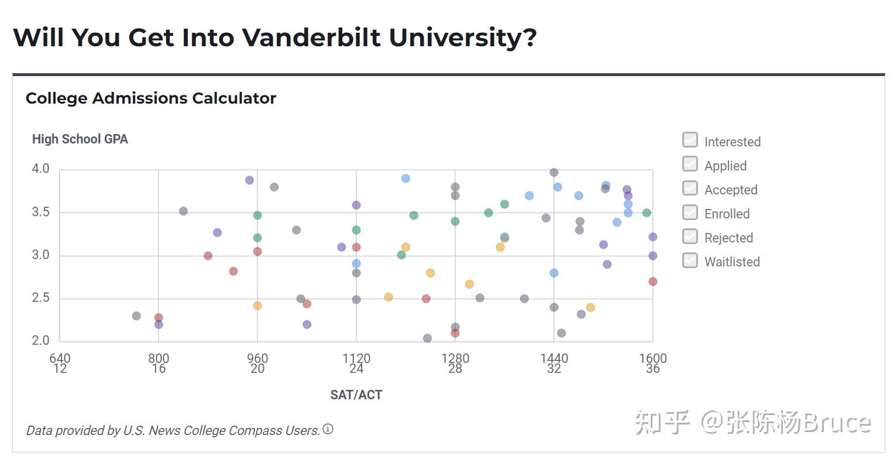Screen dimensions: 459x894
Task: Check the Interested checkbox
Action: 690,140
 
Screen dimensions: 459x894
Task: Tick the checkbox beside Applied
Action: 690,164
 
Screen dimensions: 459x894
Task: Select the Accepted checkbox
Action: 690,188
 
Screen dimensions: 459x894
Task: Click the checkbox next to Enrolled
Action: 690,212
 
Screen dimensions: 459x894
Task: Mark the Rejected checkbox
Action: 690,236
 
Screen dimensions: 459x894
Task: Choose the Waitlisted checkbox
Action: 690,260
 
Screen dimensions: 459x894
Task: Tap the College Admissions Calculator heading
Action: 151,98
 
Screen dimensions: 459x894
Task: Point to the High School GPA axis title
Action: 80,139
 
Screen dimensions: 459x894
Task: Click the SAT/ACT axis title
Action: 356,395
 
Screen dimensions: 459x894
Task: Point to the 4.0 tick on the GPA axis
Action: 40,169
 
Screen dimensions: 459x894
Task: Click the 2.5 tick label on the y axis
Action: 40,298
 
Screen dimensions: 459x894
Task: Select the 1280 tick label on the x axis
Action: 455,358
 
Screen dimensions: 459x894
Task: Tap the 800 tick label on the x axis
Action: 159,358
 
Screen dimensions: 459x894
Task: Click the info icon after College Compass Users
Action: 328,429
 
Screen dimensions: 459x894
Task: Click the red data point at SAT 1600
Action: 653,282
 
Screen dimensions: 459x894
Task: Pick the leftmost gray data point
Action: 136,316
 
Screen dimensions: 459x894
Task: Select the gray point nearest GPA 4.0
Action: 554,173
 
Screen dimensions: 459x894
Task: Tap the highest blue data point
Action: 405,179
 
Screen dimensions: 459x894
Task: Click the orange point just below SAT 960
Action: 257,306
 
